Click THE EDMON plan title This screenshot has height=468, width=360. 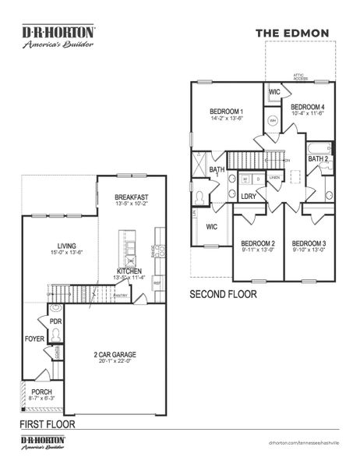tap(292, 33)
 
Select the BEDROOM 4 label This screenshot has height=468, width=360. tap(307, 107)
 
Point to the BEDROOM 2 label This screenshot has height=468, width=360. tap(258, 243)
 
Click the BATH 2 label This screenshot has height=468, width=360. tap(318, 159)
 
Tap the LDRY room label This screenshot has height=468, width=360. tap(249, 197)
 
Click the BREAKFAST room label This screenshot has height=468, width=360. tap(131, 197)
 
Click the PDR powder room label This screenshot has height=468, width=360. tap(55, 321)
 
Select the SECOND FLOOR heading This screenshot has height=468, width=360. tap(224, 295)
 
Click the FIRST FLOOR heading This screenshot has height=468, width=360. tap(48, 425)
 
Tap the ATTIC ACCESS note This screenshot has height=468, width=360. tap(300, 77)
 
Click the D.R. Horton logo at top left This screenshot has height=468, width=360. tap(58, 37)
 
